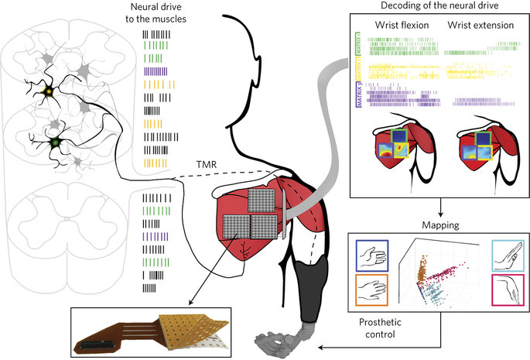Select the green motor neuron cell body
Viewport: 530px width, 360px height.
[x=54, y=143]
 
